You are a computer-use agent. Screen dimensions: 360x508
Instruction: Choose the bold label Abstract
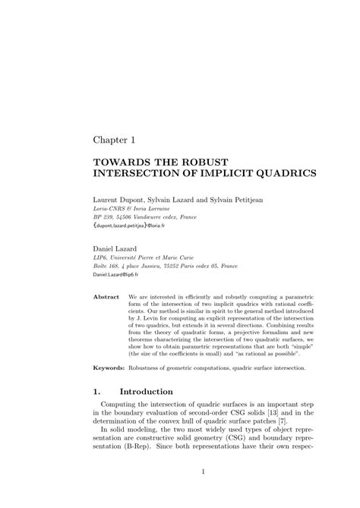pos(106,298)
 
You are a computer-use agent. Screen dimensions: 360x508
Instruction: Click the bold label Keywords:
pos(109,368)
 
